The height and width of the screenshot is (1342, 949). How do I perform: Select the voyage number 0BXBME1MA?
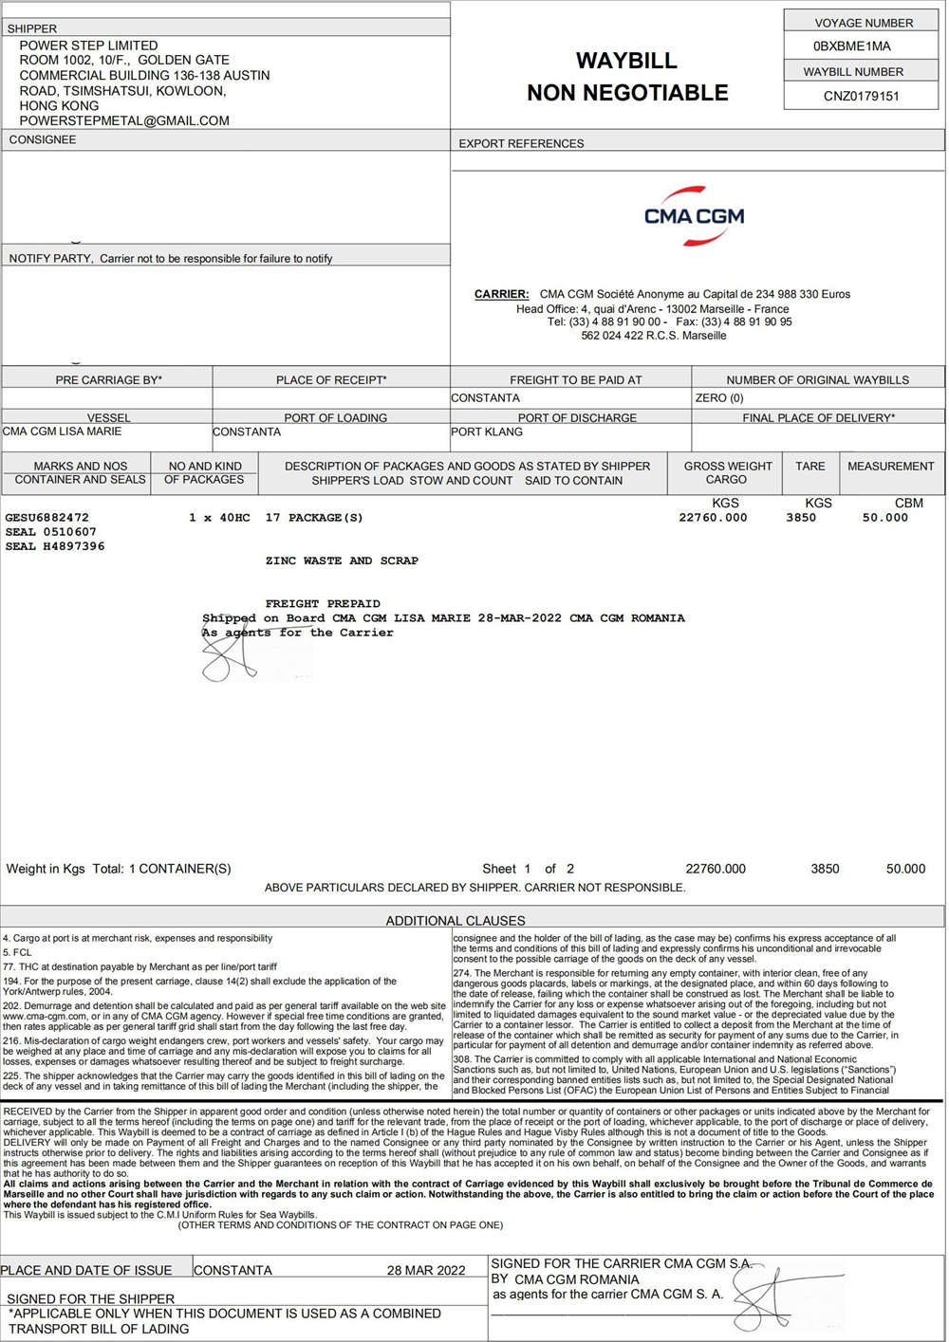[x=851, y=46]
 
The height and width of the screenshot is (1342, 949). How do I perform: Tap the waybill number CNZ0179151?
[x=861, y=96]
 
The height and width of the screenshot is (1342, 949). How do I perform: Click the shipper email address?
[x=124, y=121]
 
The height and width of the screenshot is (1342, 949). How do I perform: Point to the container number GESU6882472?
[x=47, y=518]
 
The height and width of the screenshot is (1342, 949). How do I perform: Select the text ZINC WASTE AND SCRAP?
[x=342, y=561]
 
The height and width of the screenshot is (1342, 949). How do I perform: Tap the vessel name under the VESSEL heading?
[x=63, y=432]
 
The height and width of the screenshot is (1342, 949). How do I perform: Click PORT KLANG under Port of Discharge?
[x=487, y=432]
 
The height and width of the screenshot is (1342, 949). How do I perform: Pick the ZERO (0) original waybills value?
[x=719, y=398]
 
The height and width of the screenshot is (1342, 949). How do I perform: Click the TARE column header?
[x=809, y=467]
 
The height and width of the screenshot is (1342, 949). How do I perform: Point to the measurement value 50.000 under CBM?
[x=884, y=518]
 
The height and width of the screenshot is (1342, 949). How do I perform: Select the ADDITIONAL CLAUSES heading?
[x=455, y=920]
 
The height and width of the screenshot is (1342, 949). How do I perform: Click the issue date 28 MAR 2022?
[x=426, y=1271]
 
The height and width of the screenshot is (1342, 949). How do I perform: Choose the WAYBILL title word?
[x=626, y=61]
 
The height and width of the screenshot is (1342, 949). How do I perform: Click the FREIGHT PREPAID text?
[x=323, y=603]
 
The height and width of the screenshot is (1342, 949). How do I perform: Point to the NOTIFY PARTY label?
[x=50, y=258]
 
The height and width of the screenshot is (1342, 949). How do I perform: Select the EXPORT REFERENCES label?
[x=521, y=144]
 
